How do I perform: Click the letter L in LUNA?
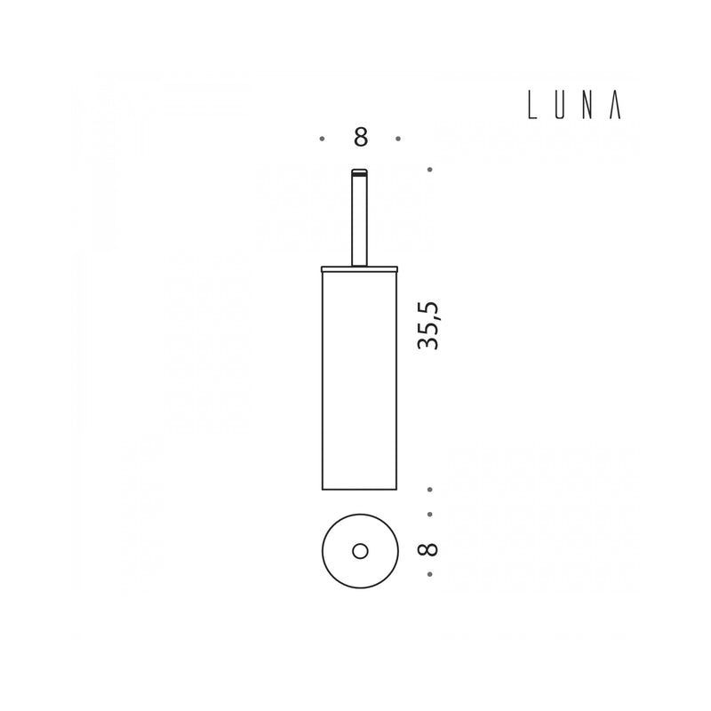(x=532, y=105)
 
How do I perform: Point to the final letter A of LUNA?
(x=615, y=105)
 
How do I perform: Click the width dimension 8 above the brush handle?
(x=361, y=137)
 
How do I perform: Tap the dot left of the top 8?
(x=322, y=139)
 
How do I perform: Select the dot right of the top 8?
(x=398, y=139)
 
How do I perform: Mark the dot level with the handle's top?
(x=430, y=170)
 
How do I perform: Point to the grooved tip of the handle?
(x=360, y=172)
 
